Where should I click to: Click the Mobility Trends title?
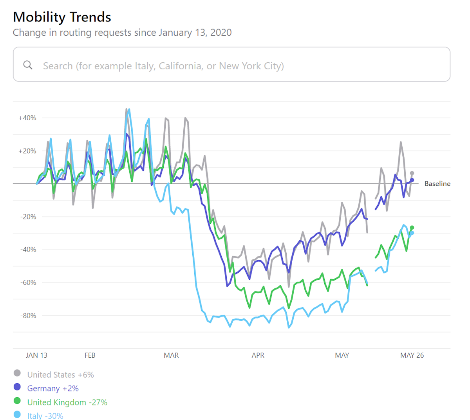[62, 17]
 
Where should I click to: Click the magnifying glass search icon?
[28, 65]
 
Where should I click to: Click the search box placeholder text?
[163, 66]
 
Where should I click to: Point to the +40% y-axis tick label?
[27, 118]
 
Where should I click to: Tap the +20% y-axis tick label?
[27, 151]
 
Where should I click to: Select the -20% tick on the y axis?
[28, 217]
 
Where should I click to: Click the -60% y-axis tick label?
[28, 282]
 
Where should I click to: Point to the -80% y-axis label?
[28, 315]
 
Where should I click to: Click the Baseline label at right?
[437, 184]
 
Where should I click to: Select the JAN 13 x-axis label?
[36, 355]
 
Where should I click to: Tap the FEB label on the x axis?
[90, 355]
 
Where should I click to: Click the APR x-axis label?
[258, 355]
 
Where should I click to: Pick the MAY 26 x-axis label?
[412, 355]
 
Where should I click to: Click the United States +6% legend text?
[61, 375]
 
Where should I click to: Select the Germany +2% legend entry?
[53, 389]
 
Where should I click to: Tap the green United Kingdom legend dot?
[17, 401]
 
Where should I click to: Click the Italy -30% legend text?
[45, 416]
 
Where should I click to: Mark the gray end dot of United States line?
[412, 173]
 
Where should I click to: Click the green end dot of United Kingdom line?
[412, 228]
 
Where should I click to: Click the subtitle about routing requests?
[122, 33]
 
